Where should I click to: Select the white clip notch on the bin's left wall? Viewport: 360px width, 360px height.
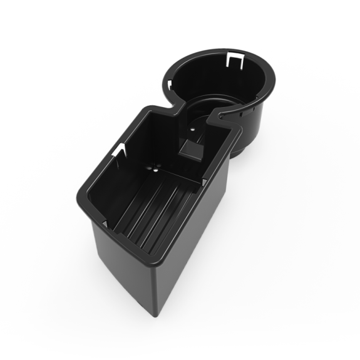pos(120,150)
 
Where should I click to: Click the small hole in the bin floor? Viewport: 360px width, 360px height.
pos(154,168)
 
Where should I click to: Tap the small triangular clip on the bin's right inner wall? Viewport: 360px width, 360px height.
pos(205,182)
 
